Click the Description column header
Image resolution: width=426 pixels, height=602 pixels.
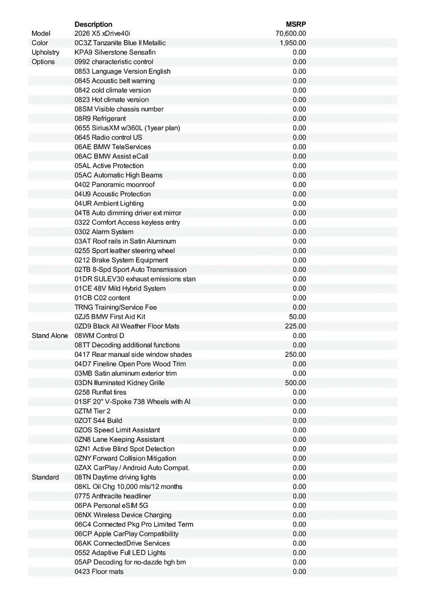(x=93, y=24)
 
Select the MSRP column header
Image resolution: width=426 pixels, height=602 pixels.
(x=296, y=24)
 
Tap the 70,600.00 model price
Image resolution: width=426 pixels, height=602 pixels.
(x=291, y=34)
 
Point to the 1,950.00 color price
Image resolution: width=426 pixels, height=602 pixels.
(x=293, y=43)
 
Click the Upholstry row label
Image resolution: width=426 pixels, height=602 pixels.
(x=45, y=52)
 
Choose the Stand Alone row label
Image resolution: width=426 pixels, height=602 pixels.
(x=50, y=336)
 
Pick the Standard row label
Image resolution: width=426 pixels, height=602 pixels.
(x=45, y=477)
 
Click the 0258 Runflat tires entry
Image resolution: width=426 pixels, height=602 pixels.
(x=100, y=392)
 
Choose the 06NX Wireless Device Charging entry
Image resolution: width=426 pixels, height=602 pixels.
(x=123, y=515)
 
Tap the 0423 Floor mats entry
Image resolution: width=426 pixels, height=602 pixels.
(x=99, y=571)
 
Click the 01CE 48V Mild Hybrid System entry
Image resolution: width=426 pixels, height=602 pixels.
(x=120, y=288)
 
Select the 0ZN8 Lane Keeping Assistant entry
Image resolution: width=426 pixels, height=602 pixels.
(x=120, y=439)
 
